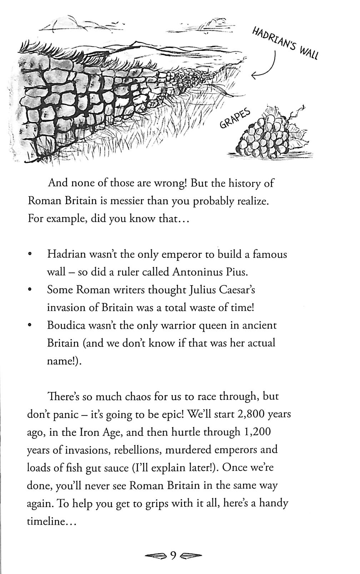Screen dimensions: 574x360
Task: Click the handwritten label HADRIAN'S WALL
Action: [285, 43]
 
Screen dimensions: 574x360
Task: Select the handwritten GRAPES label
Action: [235, 119]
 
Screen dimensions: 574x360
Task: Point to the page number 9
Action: [173, 556]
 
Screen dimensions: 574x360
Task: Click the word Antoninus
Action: [195, 272]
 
